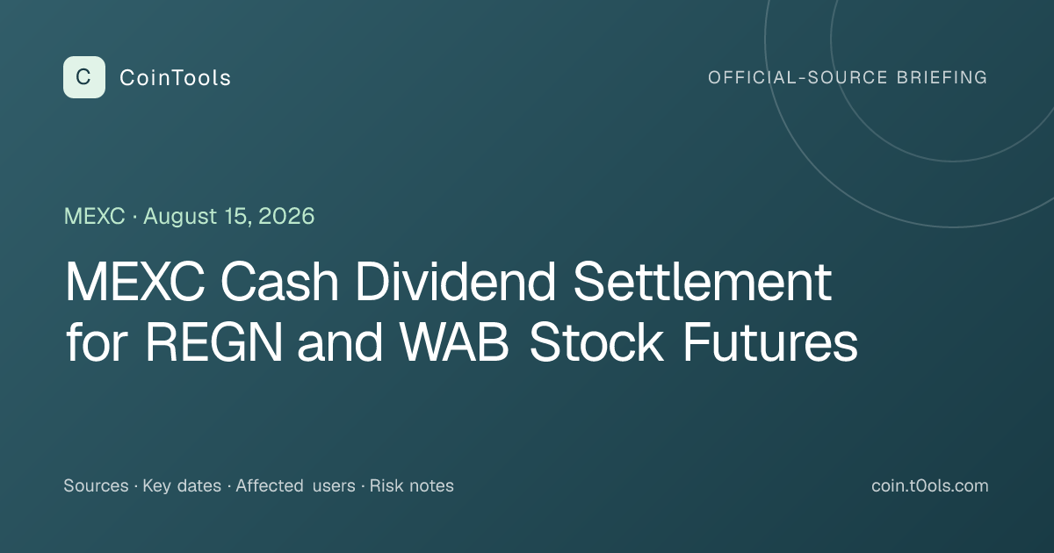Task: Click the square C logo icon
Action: (84, 77)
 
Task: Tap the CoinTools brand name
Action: (175, 77)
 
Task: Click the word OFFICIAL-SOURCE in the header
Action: (798, 77)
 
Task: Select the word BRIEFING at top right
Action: (942, 77)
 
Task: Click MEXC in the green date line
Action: (95, 216)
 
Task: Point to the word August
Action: (181, 217)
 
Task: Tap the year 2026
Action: (286, 216)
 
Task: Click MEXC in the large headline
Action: (135, 281)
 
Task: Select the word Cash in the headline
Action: (279, 281)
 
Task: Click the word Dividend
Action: (456, 281)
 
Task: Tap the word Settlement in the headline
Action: (703, 281)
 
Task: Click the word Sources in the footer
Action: (96, 485)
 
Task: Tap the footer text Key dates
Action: (182, 485)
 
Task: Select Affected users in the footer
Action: (295, 485)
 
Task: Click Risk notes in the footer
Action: (412, 485)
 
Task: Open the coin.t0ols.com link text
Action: (930, 485)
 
